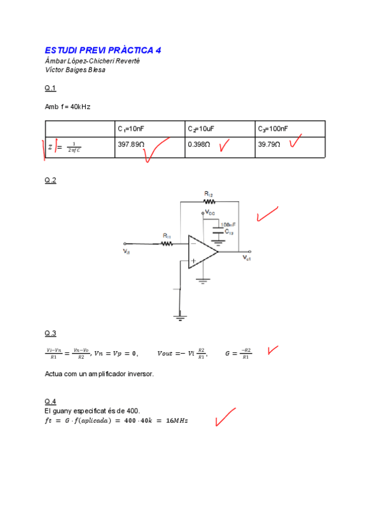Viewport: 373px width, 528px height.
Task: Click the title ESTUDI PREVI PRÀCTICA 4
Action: [103, 50]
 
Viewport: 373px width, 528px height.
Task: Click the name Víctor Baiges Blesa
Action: [75, 70]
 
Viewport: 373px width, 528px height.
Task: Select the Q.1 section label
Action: [50, 88]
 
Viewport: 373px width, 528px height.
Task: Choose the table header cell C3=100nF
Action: [273, 129]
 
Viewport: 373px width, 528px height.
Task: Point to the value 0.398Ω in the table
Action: [198, 144]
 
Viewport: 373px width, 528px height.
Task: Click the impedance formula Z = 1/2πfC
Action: [65, 148]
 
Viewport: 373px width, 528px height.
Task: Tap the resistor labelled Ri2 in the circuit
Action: [209, 201]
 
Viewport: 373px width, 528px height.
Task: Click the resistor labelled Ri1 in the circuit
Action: [167, 243]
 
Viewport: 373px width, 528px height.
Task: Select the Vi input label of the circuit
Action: [127, 252]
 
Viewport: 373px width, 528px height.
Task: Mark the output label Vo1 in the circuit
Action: [246, 258]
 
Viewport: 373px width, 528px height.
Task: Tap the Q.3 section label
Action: [50, 333]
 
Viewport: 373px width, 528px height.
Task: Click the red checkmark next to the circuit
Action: [267, 215]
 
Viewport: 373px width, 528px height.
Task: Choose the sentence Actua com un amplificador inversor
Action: [99, 374]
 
